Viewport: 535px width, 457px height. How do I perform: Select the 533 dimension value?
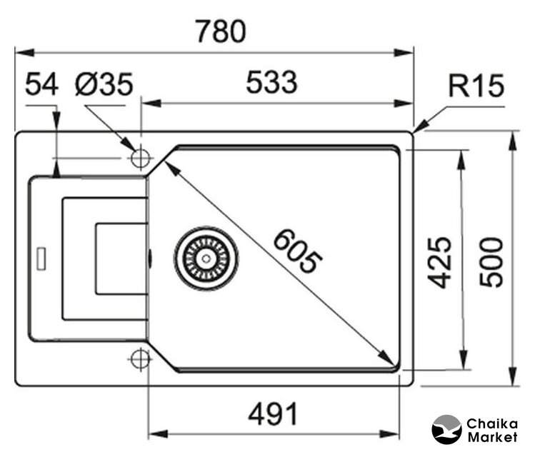click(x=271, y=84)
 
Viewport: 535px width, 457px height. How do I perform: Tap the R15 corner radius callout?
click(x=476, y=86)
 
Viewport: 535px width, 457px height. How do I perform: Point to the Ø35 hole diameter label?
click(x=104, y=86)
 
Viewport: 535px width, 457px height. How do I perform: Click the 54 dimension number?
click(x=41, y=86)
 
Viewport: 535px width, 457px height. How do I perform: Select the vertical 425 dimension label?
click(x=443, y=261)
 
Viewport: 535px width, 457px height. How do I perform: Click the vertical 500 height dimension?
click(x=492, y=261)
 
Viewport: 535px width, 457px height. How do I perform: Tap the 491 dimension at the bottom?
click(x=271, y=413)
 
